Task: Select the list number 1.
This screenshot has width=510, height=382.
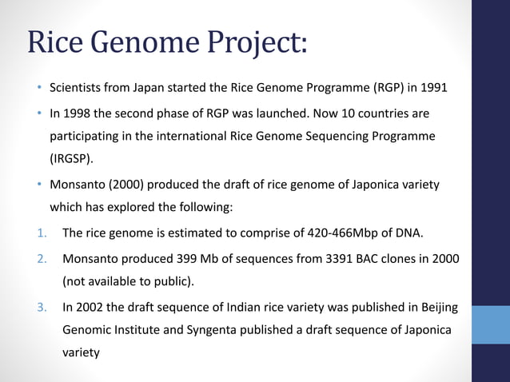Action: (x=41, y=233)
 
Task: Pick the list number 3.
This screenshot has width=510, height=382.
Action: (x=42, y=306)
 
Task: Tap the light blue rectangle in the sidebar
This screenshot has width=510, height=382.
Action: (x=491, y=324)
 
